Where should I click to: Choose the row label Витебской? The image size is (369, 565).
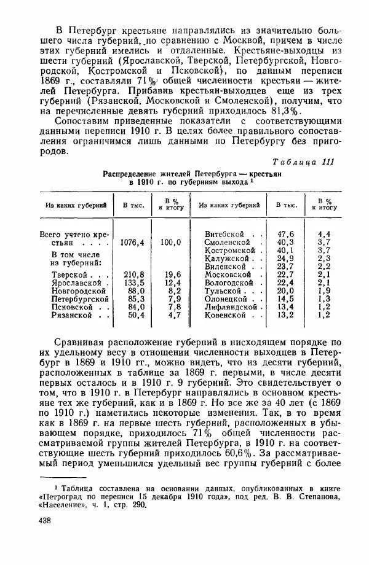pos(227,234)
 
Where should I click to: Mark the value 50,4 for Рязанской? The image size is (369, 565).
pos(134,315)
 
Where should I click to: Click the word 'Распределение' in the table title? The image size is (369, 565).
pos(135,174)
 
